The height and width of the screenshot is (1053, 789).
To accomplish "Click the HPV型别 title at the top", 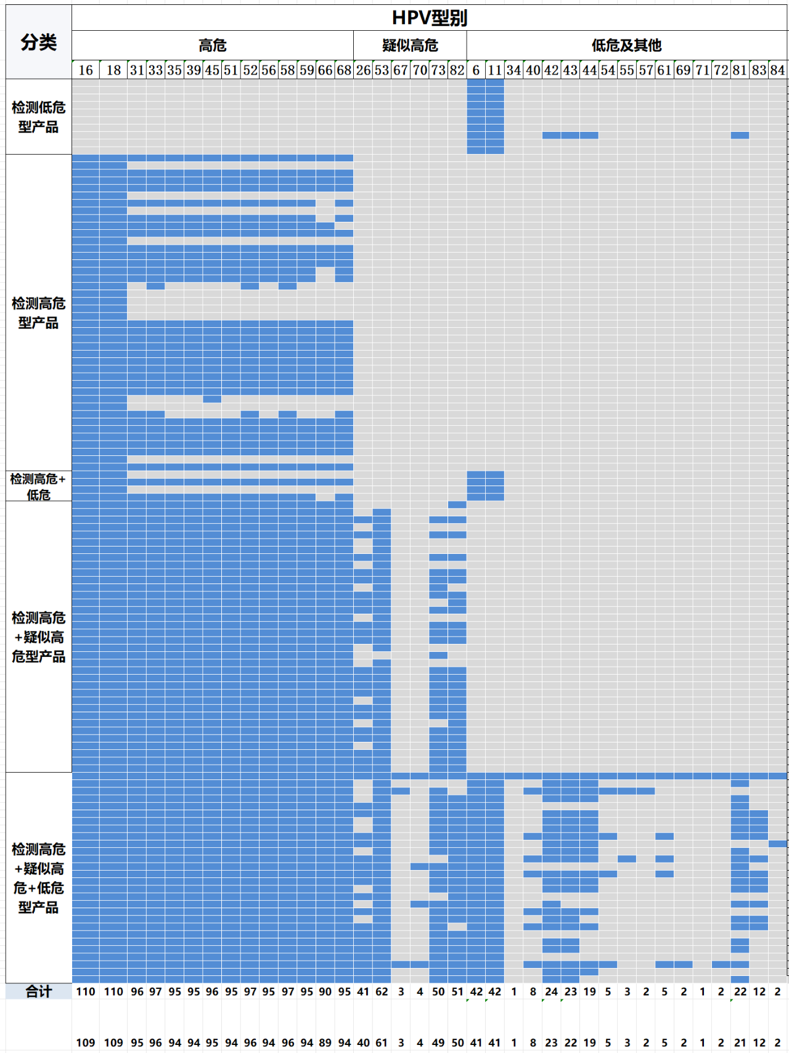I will point(430,18).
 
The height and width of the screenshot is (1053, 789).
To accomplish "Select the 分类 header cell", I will point(38,42).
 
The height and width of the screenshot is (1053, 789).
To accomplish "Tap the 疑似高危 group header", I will point(410,45).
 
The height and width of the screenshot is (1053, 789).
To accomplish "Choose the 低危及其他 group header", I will point(626,45).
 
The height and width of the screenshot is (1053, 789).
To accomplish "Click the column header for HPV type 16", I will point(86,70).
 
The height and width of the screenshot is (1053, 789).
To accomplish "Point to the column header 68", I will point(344,70).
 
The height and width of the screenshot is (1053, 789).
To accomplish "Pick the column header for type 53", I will point(382,70).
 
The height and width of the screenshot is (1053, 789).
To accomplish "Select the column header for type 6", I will point(476,70).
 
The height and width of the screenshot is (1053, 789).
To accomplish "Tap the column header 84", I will point(777,70).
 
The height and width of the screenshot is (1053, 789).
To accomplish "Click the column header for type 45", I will point(212,70).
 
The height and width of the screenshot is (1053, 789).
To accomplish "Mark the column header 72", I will point(721,70).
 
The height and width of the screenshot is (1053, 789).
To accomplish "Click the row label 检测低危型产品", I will point(38,117).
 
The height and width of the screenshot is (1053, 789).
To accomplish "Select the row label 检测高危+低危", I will point(38,486).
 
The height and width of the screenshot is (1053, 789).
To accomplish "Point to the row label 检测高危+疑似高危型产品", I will point(38,636).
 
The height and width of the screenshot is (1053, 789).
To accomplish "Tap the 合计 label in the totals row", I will point(38,991).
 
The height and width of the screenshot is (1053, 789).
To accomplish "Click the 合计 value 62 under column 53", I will point(382,991).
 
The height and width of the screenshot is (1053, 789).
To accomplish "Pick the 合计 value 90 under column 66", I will point(325,991).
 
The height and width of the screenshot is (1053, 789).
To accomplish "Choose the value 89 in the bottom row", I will point(325,1043).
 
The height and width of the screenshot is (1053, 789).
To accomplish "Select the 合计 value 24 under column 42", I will point(551,991).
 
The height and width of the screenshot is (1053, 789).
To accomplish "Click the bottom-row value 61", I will point(382,1043).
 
